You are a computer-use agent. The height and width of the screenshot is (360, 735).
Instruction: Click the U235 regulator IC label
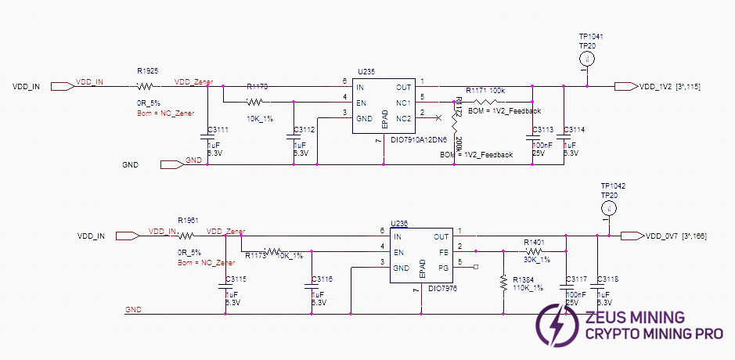tap(366, 71)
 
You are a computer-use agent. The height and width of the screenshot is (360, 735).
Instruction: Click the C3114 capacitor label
tap(574, 129)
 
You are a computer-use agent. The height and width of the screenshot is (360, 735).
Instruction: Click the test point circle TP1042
tap(607, 208)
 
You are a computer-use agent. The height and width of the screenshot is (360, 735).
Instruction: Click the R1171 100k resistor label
tap(485, 92)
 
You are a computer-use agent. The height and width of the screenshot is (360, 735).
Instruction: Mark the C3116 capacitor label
tap(322, 279)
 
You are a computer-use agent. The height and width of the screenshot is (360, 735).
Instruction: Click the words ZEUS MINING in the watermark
tap(635, 318)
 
